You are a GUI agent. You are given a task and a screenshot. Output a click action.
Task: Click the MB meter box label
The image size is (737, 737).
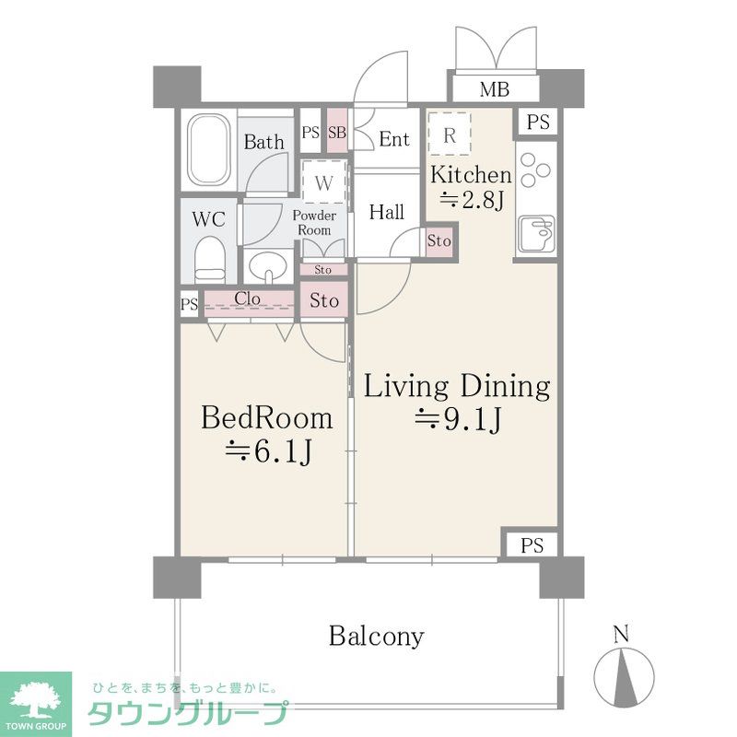494,88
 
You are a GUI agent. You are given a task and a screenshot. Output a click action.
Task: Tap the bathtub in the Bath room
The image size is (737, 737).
209,148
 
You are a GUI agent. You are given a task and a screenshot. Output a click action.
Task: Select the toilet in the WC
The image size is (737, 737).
210,259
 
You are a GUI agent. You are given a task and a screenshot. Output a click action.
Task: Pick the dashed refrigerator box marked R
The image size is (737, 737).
450,134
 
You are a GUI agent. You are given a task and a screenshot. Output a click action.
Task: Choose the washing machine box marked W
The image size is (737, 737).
324,182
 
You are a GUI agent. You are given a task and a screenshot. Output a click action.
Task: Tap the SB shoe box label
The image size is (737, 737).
337,133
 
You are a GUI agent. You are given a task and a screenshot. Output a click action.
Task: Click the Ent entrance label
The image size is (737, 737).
394,139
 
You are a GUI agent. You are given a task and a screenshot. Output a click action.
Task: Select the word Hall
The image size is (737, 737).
387,212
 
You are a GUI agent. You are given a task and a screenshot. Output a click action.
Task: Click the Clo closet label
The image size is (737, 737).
247,298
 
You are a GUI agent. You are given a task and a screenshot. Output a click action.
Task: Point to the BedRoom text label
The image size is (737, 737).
267,418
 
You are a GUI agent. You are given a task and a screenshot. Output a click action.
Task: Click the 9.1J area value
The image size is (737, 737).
458,419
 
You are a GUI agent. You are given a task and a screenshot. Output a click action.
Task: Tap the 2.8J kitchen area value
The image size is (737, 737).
472,200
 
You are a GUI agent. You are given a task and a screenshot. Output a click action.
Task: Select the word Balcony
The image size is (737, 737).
376,636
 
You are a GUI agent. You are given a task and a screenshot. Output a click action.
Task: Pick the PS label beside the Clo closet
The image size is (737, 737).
190,305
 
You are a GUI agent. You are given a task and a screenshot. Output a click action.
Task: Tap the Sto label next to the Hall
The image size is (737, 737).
439,241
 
